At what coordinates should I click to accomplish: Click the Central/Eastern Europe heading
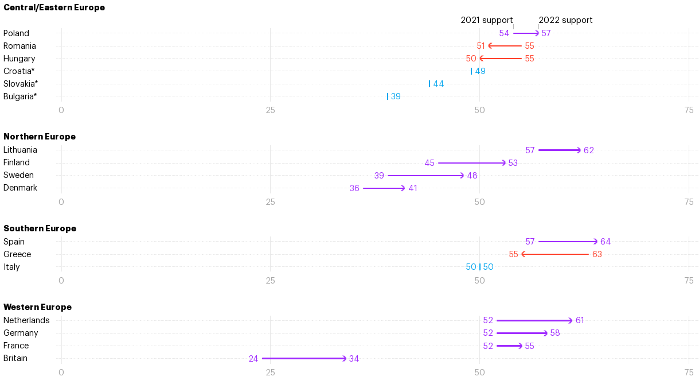point(54,7)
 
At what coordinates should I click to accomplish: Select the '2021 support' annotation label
point(486,20)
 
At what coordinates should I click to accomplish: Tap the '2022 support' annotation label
point(565,20)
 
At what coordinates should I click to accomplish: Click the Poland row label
point(16,33)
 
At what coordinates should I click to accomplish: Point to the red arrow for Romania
point(505,46)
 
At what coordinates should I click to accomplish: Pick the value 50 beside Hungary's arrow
point(471,59)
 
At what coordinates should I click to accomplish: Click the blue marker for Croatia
point(471,71)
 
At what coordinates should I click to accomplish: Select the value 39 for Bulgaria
point(396,96)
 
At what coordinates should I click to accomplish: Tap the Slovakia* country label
point(21,84)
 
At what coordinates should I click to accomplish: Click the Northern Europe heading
point(40,137)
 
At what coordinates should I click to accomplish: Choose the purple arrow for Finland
point(472,163)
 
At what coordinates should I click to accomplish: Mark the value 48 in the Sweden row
point(472,176)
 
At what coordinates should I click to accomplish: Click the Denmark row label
point(20,188)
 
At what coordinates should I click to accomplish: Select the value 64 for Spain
point(606,242)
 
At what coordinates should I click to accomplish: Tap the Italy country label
point(11,267)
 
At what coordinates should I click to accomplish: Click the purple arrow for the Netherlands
point(534,320)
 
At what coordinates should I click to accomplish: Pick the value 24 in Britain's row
point(253,359)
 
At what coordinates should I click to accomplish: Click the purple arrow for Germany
point(522,333)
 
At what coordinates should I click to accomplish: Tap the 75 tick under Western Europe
point(689,372)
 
